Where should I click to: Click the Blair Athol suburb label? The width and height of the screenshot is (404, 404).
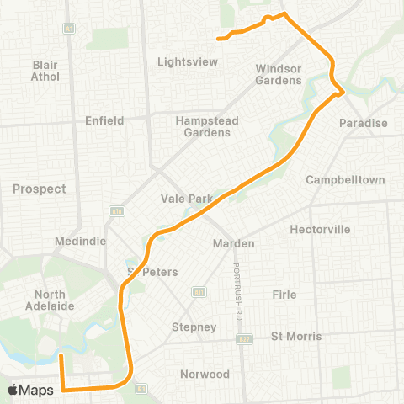pyautogui.click(x=45, y=71)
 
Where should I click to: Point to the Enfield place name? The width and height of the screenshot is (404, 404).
pyautogui.click(x=104, y=120)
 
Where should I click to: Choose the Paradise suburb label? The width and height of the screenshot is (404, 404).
pyautogui.click(x=364, y=124)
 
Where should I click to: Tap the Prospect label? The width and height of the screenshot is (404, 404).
pyautogui.click(x=39, y=189)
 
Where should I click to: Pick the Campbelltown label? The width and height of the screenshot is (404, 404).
pyautogui.click(x=345, y=180)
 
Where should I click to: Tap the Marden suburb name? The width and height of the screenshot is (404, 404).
pyautogui.click(x=232, y=244)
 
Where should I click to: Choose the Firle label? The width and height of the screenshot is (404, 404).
pyautogui.click(x=284, y=295)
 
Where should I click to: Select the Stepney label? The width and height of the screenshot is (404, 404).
pyautogui.click(x=194, y=327)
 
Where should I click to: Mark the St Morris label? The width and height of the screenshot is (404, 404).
pyautogui.click(x=295, y=337)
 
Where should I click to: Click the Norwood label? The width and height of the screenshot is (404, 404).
pyautogui.click(x=205, y=374)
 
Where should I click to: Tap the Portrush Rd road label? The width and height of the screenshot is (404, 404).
pyautogui.click(x=238, y=290)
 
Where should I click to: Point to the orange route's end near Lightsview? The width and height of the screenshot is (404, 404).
pyautogui.click(x=219, y=38)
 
